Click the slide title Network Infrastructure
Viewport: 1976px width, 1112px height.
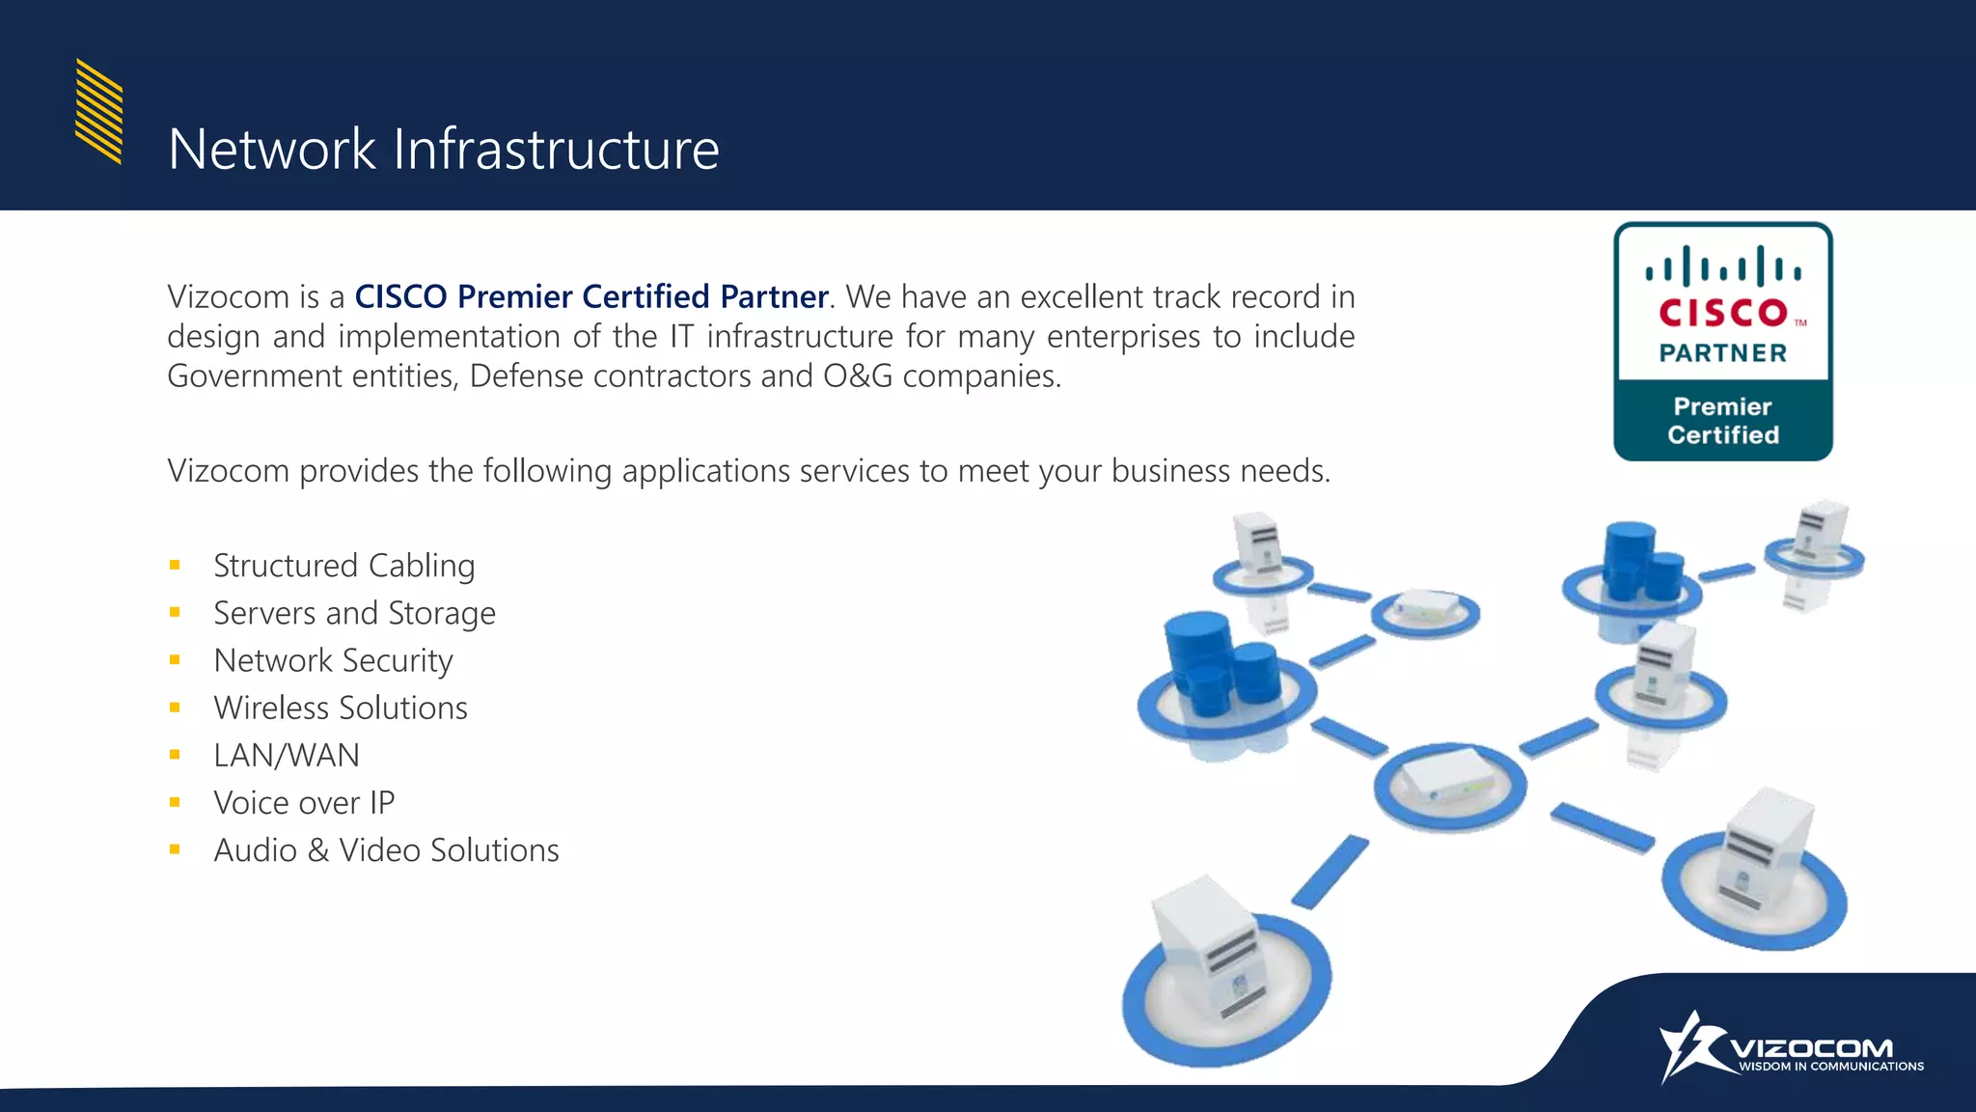(443, 150)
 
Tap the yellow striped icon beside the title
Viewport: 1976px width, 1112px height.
(98, 111)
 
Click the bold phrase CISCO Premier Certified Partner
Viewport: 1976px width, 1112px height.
(590, 296)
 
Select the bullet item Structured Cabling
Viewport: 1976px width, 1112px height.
(343, 566)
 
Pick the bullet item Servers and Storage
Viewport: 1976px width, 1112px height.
(354, 613)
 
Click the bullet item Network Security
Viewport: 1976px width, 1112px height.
(333, 660)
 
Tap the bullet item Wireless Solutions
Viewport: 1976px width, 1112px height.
(341, 708)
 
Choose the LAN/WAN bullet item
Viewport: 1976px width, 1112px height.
(287, 755)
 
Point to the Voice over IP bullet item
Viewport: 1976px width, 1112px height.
(304, 802)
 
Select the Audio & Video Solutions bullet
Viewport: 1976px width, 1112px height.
(386, 850)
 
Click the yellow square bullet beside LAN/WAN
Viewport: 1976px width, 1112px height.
(175, 755)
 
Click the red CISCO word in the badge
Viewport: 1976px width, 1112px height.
(1723, 313)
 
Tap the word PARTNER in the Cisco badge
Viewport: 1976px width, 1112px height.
(1723, 353)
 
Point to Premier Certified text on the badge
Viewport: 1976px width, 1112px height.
(1723, 421)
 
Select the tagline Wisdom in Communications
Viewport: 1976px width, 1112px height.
(1830, 1067)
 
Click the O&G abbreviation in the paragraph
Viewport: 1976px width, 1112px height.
(858, 375)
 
